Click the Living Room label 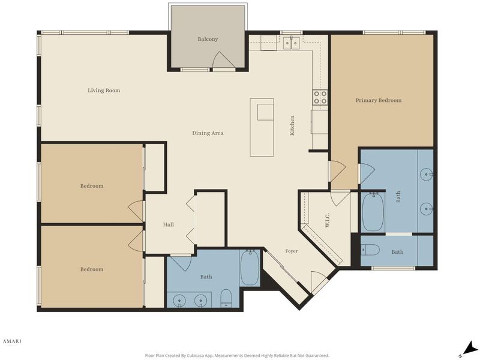pos(104,91)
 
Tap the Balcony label pos(208,39)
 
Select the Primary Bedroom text pos(379,100)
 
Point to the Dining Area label pos(208,133)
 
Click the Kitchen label pos(292,125)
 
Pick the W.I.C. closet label pos(327,220)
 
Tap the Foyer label pos(292,251)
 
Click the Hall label pos(169,224)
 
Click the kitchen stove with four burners pos(320,97)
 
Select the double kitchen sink pos(291,43)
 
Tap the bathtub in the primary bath pos(373,212)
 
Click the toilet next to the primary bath pos(370,250)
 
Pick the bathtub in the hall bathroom pos(250,268)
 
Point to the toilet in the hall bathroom pos(226,298)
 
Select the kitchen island pos(262,127)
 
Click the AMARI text pos(12,341)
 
